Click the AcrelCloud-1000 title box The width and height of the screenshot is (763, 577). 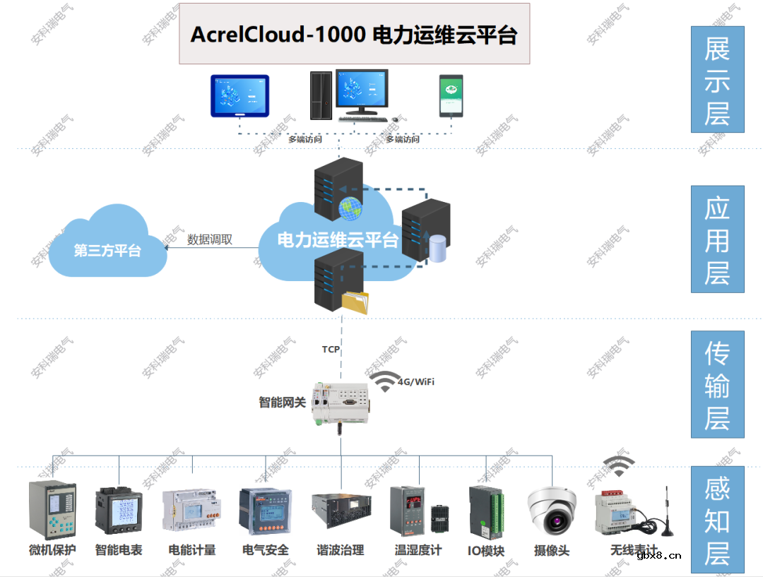(354, 34)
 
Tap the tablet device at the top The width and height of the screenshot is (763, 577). (239, 95)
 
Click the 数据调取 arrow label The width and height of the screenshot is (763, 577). (210, 239)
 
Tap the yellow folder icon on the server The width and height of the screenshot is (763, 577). (355, 302)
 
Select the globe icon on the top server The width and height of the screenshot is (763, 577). (350, 208)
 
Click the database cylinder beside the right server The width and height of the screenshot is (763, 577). (438, 248)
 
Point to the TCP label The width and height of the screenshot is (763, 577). (331, 349)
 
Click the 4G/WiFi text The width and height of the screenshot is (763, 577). (415, 382)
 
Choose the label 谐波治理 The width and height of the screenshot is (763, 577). (341, 550)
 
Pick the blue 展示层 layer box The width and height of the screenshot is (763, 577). (717, 80)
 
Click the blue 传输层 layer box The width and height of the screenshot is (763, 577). (717, 384)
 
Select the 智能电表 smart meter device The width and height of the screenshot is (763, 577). (119, 511)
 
